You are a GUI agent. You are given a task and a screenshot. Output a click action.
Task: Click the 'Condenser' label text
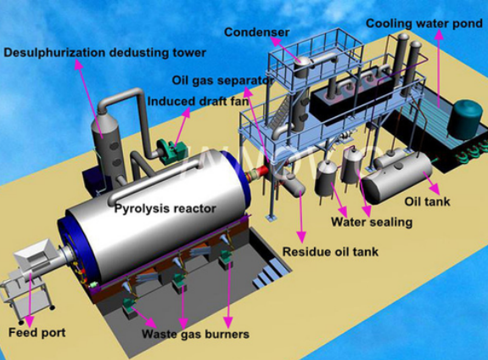pyautogui.click(x=257, y=32)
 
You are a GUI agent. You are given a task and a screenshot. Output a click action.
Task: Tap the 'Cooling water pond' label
pyautogui.click(x=423, y=24)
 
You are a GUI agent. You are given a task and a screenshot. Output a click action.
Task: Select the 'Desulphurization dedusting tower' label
pyautogui.click(x=105, y=53)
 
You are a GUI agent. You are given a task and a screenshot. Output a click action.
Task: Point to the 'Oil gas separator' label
pyautogui.click(x=223, y=81)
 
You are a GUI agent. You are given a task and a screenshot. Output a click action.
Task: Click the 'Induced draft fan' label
pyautogui.click(x=198, y=102)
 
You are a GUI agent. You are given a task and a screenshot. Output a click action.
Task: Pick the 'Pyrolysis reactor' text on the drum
pyautogui.click(x=165, y=208)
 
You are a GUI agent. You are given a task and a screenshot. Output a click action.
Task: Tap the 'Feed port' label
pyautogui.click(x=37, y=333)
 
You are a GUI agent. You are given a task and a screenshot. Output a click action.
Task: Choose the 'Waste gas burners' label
pyautogui.click(x=195, y=335)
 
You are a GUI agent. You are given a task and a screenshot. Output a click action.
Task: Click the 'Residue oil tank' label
pyautogui.click(x=330, y=251)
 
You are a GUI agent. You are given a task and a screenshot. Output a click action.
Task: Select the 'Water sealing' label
pyautogui.click(x=372, y=222)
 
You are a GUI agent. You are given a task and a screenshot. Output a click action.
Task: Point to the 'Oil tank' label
pyautogui.click(x=427, y=201)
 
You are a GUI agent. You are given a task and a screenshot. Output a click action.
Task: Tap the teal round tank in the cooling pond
pyautogui.click(x=466, y=119)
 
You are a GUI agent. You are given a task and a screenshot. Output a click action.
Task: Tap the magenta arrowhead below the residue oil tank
pyautogui.click(x=301, y=237)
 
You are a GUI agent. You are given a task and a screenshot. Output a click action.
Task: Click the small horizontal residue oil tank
pyautogui.click(x=294, y=185)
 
